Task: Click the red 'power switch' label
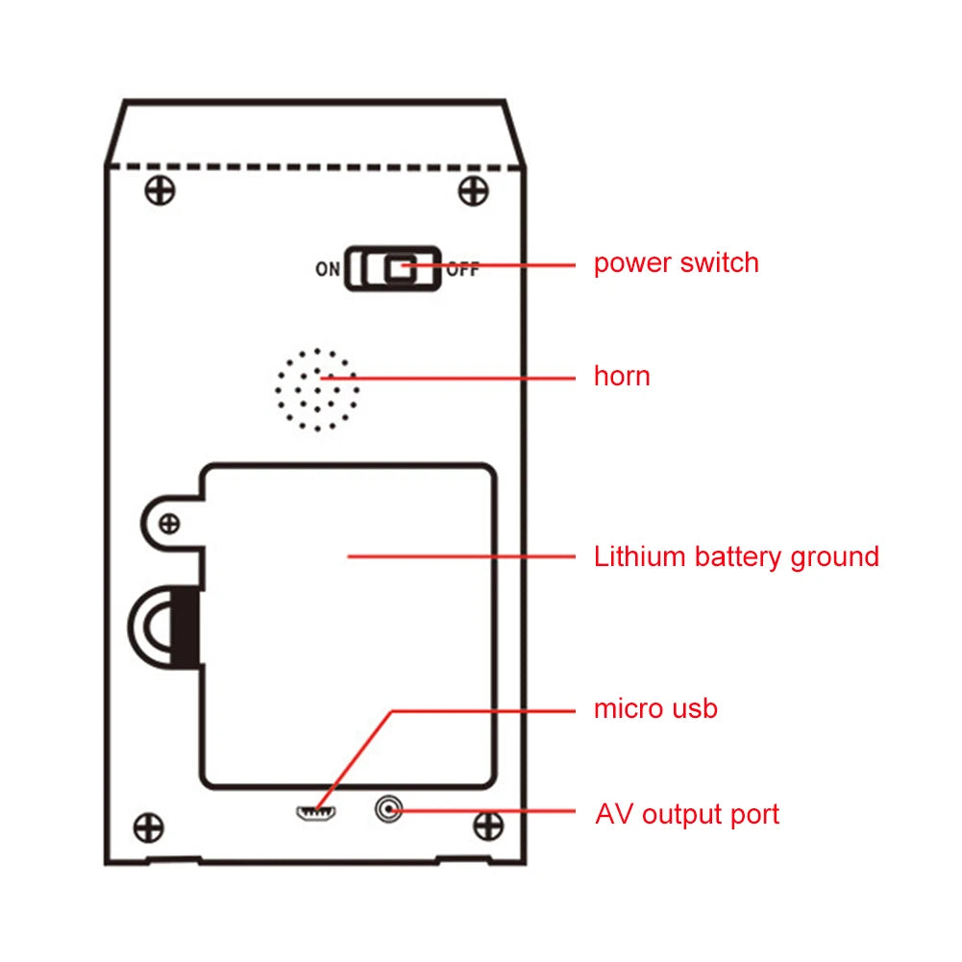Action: click(676, 263)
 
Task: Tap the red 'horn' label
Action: click(622, 376)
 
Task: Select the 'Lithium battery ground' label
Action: click(736, 556)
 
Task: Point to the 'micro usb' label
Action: click(655, 709)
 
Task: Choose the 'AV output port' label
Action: click(687, 815)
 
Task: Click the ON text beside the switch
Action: click(328, 269)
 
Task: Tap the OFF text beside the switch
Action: click(462, 269)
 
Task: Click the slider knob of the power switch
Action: click(401, 268)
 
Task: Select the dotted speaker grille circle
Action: click(317, 389)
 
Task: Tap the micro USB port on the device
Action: click(314, 814)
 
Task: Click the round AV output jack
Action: click(388, 812)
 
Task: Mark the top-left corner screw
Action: click(160, 190)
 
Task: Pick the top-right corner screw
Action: click(472, 190)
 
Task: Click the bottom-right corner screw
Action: click(489, 825)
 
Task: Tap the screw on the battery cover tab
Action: click(169, 524)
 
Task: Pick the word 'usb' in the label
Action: click(694, 709)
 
